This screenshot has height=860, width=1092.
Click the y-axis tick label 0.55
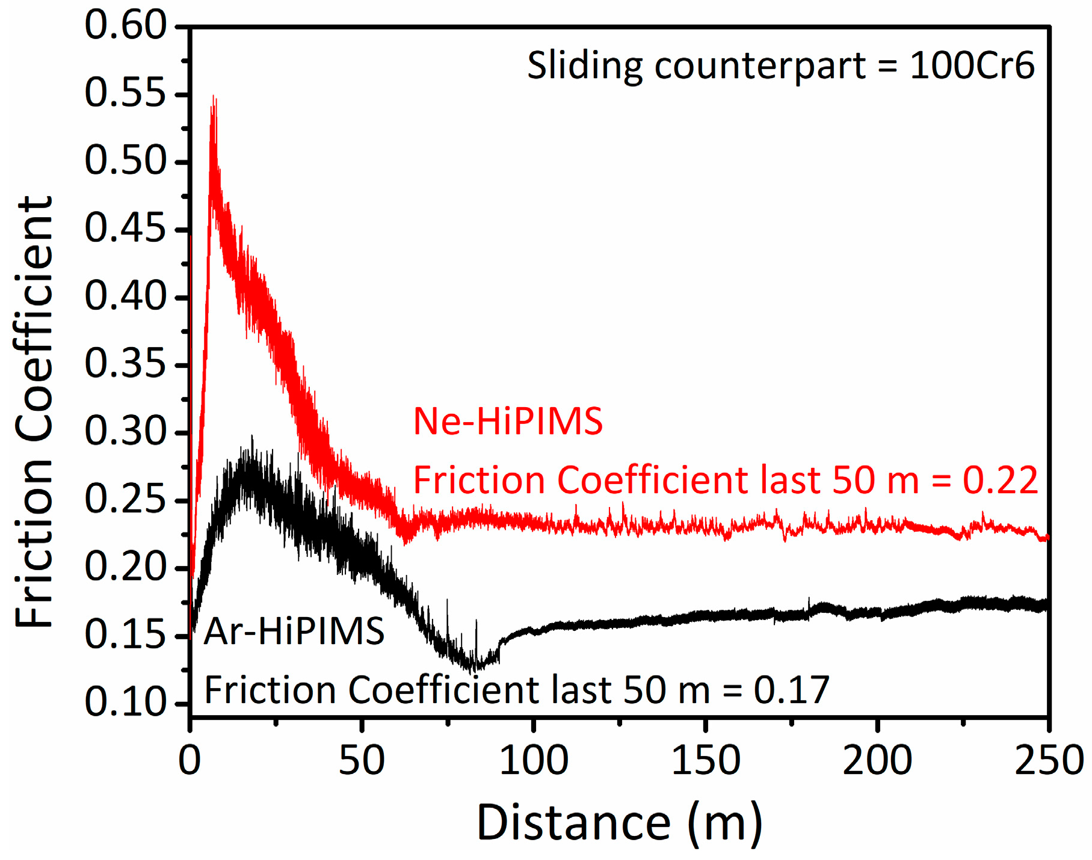pyautogui.click(x=125, y=94)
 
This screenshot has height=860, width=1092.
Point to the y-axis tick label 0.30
pyautogui.click(x=125, y=432)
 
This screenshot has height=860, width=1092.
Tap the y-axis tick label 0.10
pyautogui.click(x=125, y=702)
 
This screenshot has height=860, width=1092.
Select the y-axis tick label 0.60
pyautogui.click(x=125, y=26)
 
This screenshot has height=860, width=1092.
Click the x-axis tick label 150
pyautogui.click(x=705, y=760)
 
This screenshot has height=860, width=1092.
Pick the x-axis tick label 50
pyautogui.click(x=362, y=760)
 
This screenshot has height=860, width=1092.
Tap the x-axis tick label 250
pyautogui.click(x=1048, y=760)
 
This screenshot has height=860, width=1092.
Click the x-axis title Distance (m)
pyautogui.click(x=620, y=823)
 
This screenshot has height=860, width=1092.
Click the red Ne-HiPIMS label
pyautogui.click(x=508, y=421)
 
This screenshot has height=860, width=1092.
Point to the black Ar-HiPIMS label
pyautogui.click(x=294, y=631)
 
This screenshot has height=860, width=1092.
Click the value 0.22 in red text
pyautogui.click(x=1000, y=481)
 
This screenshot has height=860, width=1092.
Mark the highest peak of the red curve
pyautogui.click(x=214, y=98)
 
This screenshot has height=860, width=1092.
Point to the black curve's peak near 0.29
pyautogui.click(x=251, y=438)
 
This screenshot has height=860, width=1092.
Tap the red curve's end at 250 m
pyautogui.click(x=1047, y=537)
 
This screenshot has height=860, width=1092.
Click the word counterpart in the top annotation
pyautogui.click(x=760, y=66)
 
